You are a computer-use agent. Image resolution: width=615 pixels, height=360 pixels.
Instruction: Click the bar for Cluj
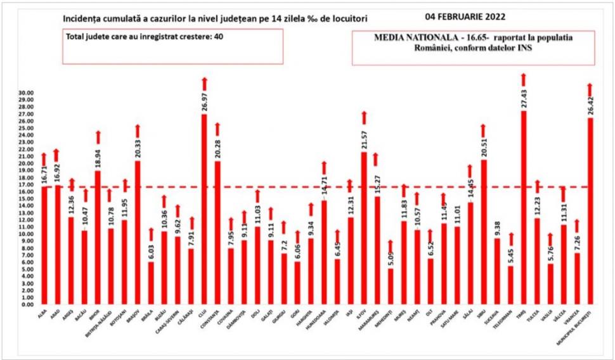pos(204,209)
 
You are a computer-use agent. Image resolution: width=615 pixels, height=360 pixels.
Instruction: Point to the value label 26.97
pos(204,103)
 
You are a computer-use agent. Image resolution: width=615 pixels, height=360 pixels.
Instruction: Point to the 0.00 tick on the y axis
pos(26,305)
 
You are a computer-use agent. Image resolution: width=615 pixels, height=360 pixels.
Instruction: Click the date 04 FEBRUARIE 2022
pos(469,15)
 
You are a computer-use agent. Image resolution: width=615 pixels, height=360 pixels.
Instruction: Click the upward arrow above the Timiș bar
pos(524,79)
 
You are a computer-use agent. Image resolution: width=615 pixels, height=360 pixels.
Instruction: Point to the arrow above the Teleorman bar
pos(510,240)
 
